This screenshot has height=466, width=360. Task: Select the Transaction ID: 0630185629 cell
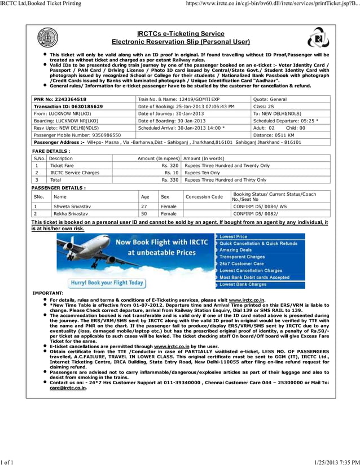(x=68, y=106)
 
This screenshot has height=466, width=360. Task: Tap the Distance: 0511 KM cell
(x=274, y=135)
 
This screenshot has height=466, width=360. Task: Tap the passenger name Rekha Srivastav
(x=71, y=214)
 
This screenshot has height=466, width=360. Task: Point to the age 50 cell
(x=145, y=214)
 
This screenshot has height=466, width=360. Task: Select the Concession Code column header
(x=204, y=197)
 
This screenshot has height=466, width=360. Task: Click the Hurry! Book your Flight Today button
(x=106, y=283)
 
